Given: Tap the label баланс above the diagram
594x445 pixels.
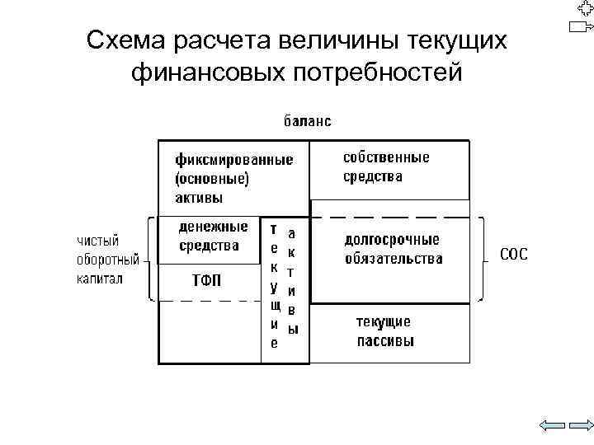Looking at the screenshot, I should pos(309,121).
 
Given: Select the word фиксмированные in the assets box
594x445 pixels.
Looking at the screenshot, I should pos(233,160).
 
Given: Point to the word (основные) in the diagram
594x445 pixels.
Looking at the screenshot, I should pos(212,178).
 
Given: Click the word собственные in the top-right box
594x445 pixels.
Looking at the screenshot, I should pos(387,157).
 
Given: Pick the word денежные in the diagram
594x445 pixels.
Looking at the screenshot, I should pos(214,226).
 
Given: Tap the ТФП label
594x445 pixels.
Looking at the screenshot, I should pos(206,280).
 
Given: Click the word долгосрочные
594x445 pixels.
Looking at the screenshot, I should pos(392,240).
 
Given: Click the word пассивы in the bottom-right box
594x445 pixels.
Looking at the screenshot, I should pos(385,340).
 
